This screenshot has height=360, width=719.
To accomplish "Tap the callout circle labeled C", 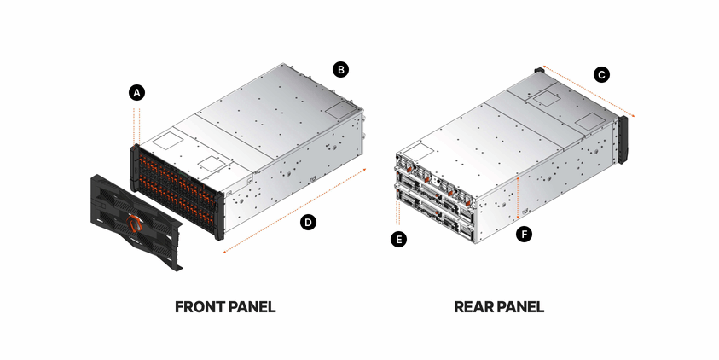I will coord(601,75).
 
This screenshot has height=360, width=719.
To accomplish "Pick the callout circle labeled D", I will coord(309,223).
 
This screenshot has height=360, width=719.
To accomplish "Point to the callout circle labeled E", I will coord(397,240).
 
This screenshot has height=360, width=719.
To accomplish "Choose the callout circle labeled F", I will coord(525,232).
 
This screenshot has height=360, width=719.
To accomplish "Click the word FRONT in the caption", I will coord(203,306).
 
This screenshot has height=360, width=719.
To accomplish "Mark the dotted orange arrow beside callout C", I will coord(589,91).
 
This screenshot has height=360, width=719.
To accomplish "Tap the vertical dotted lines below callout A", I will coord(134,124).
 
